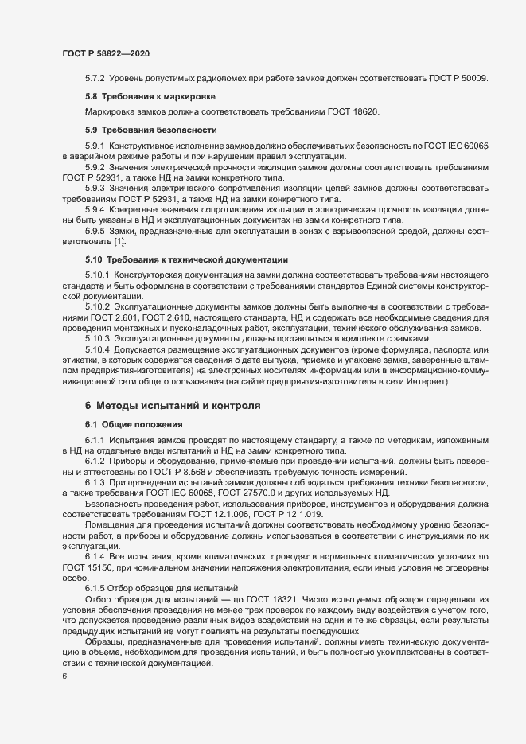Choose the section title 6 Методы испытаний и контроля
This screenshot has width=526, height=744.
(165, 405)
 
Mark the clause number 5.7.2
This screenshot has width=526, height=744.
(95, 78)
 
